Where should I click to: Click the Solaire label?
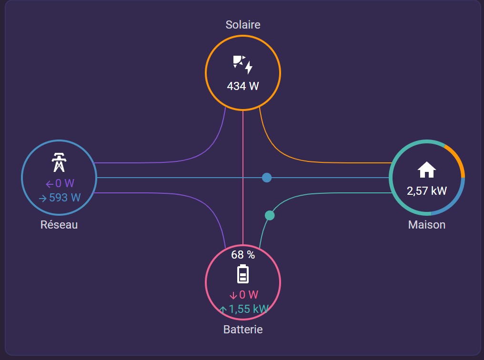coord(243,25)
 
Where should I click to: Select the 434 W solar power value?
coord(243,86)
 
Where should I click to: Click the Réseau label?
coord(59,225)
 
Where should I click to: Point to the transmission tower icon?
coord(59,162)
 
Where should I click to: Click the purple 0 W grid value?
coord(60,183)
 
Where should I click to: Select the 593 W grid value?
coord(60,198)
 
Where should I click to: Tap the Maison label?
coord(427,225)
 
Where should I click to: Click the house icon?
coord(427,170)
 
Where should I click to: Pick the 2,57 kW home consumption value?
coord(427,191)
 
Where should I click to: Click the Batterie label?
coord(243,330)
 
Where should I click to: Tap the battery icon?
coord(243,274)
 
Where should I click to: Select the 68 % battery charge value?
coord(243,255)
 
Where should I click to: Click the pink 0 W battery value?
coord(244,295)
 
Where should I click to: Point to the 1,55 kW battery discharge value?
coord(244,309)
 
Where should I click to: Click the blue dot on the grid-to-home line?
coord(267,178)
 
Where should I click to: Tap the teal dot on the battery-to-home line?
coord(270,215)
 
